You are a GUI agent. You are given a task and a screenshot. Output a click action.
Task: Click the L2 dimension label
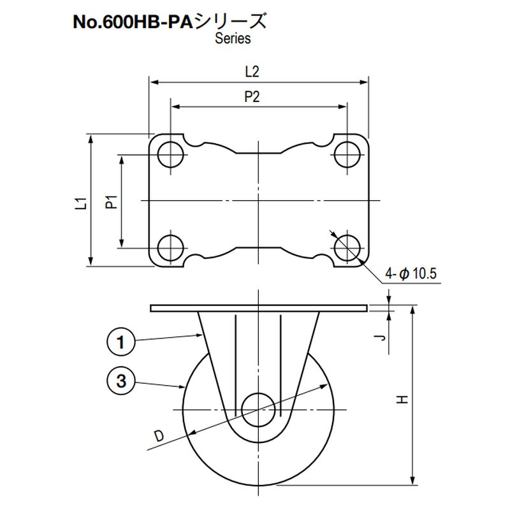tap(252, 71)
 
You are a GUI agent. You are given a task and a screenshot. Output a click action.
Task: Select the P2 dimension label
tap(252, 97)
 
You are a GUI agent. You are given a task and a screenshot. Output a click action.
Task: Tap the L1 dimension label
tap(81, 204)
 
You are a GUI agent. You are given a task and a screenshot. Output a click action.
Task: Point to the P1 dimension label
tap(112, 201)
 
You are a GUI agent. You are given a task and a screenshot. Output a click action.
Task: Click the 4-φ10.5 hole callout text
tap(411, 273)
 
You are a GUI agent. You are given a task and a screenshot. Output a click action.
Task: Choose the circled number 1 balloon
tap(120, 342)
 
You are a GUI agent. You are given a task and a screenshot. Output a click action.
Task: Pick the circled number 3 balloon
tap(120, 381)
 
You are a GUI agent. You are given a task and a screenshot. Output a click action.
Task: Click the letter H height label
tap(402, 399)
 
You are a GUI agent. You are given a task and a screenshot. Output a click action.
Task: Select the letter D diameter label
tap(159, 436)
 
